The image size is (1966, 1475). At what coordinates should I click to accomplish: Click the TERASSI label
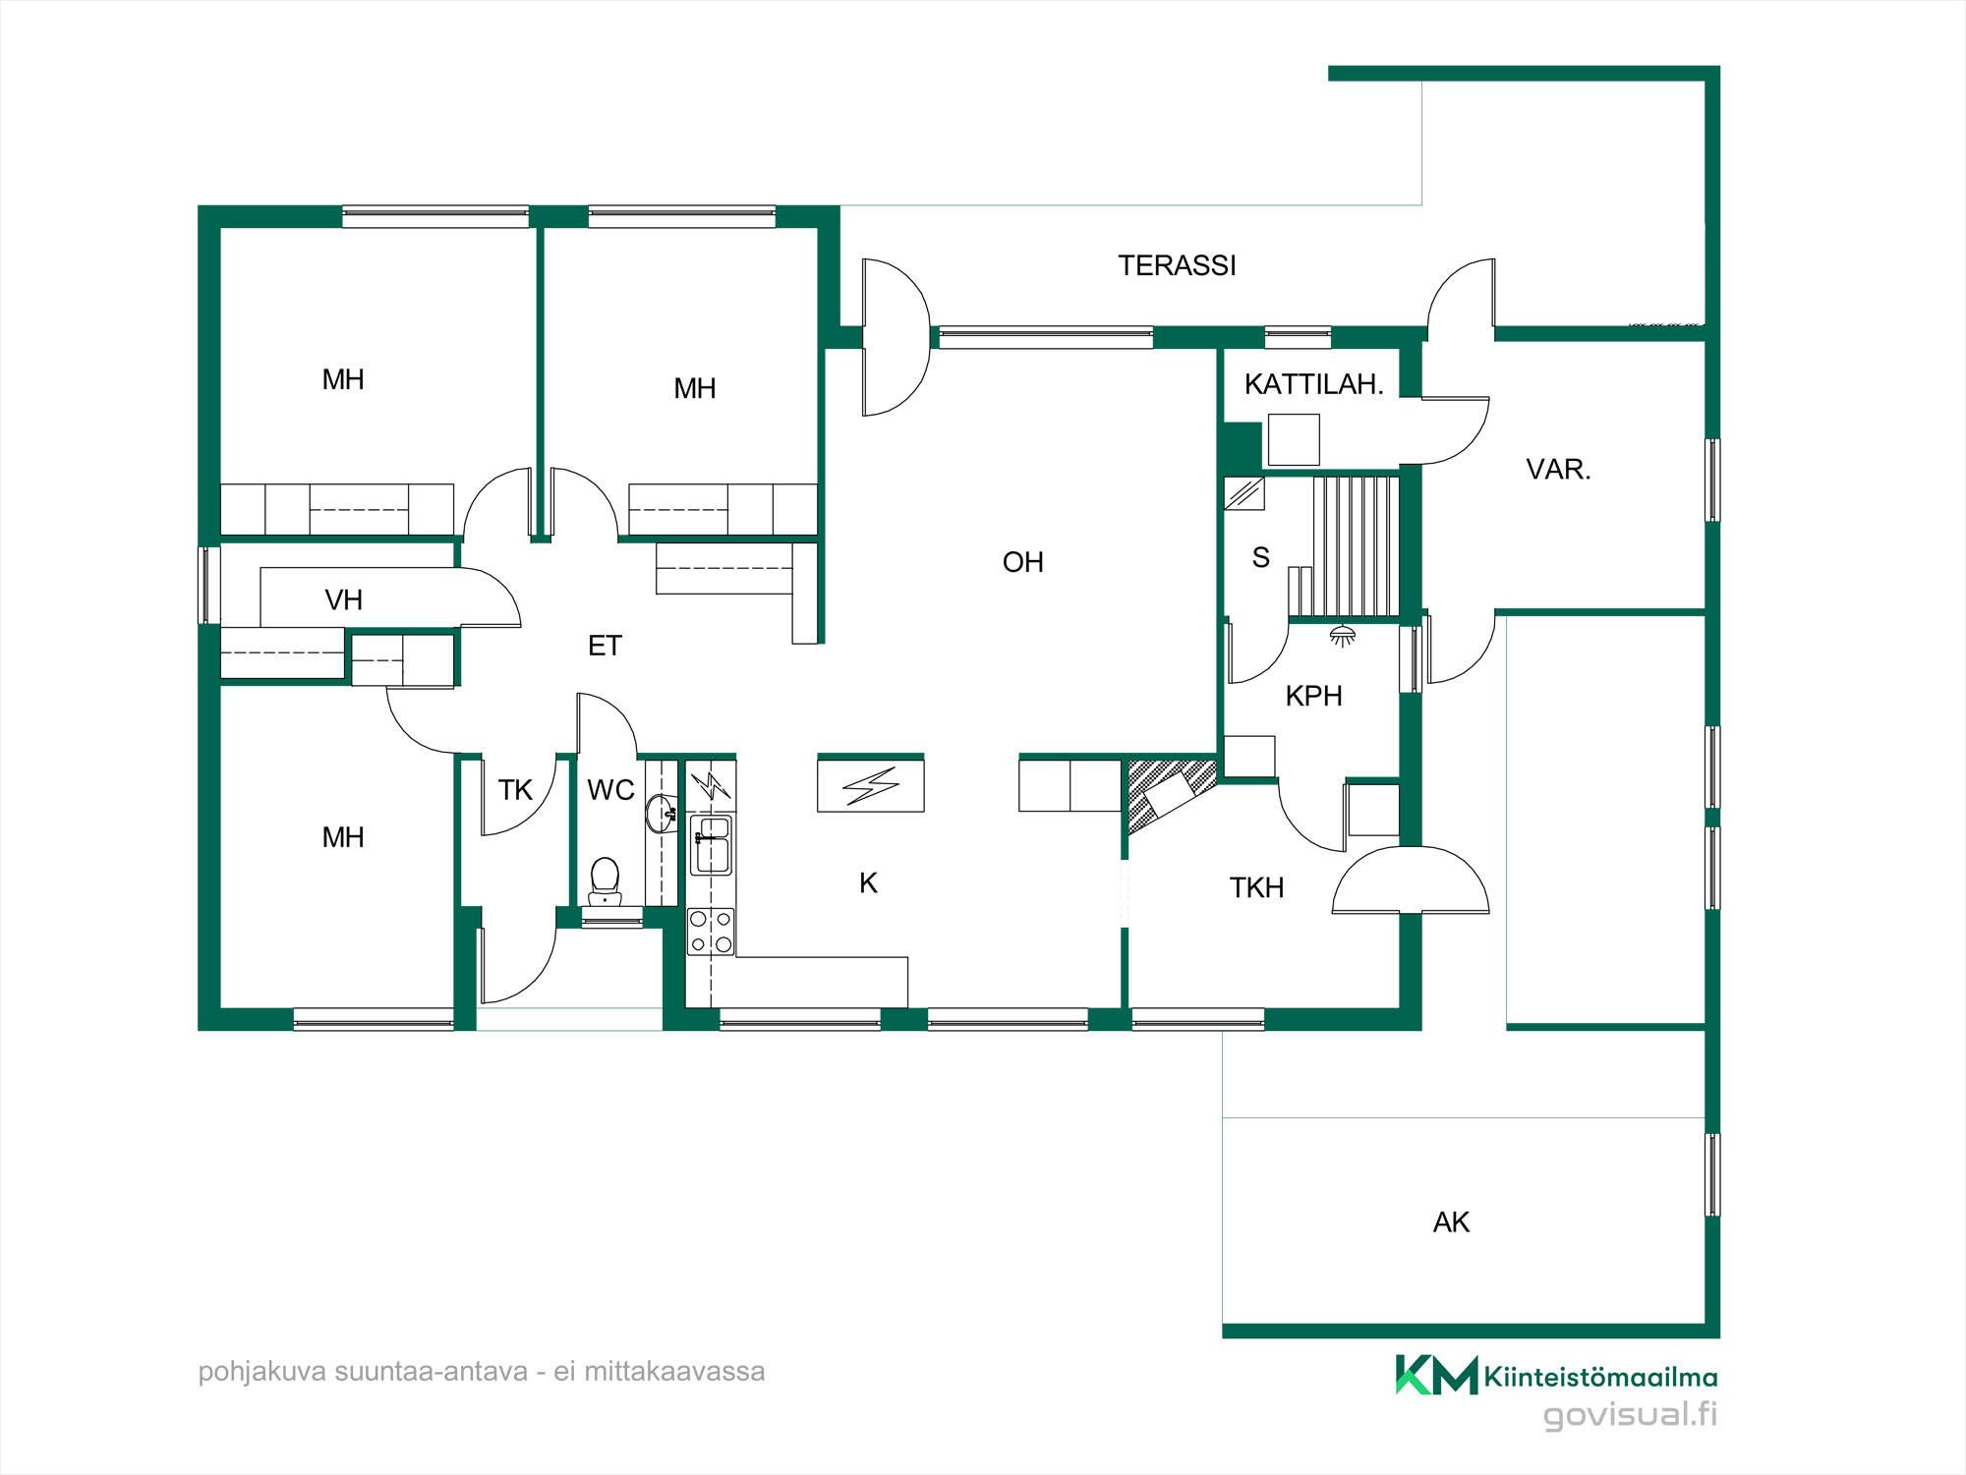click(1177, 265)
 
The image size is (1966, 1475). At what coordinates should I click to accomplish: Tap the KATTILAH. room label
click(1313, 384)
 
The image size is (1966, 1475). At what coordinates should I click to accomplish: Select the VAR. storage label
click(1558, 469)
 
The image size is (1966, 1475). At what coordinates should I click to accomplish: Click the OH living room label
click(1022, 562)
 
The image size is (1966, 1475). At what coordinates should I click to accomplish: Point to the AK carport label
click(1451, 1221)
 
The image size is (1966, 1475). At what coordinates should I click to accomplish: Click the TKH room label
click(1256, 887)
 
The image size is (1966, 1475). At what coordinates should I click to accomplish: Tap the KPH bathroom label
click(1313, 696)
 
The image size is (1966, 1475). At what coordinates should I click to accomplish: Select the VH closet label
click(343, 599)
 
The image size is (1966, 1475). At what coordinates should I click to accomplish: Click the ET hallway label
click(605, 646)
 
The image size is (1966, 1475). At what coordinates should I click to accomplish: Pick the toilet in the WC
click(605, 881)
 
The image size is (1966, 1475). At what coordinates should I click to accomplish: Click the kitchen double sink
click(712, 845)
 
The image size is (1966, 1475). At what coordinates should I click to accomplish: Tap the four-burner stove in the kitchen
click(711, 932)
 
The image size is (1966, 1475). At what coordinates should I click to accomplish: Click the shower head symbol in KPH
click(1342, 636)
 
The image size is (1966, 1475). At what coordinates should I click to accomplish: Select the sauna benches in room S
click(1355, 546)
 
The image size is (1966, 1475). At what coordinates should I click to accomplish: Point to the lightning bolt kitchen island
click(870, 785)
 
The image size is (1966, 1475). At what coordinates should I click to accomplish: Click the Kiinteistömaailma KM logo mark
click(1436, 1375)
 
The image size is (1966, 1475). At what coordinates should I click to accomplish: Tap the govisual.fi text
click(1630, 1414)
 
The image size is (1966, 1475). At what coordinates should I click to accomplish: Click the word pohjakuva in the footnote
click(261, 1372)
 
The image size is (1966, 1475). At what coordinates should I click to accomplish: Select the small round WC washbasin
click(661, 814)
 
